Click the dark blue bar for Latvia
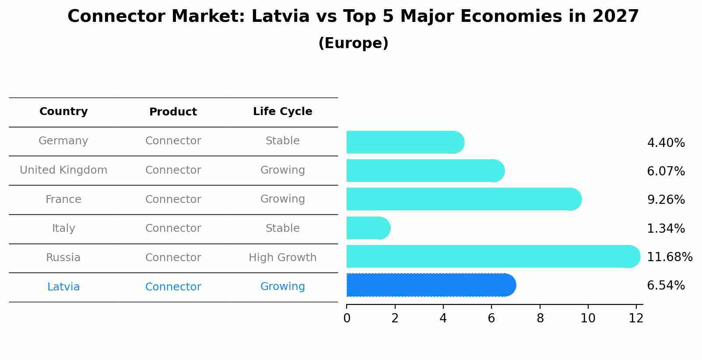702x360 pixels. click(x=431, y=285)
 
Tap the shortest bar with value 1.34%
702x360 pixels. click(x=368, y=228)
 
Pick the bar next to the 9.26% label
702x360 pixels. click(x=464, y=199)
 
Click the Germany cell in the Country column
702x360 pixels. click(x=63, y=141)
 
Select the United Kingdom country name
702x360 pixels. click(x=63, y=170)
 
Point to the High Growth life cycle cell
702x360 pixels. click(x=282, y=258)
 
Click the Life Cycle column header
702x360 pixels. click(x=282, y=112)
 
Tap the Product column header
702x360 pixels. click(x=173, y=112)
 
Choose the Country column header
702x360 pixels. click(x=63, y=112)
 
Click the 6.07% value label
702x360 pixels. click(x=666, y=171)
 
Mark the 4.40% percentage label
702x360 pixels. click(x=666, y=143)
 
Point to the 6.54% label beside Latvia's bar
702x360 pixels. click(x=666, y=286)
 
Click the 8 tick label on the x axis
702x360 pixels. click(x=540, y=318)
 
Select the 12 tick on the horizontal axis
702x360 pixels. click(x=636, y=318)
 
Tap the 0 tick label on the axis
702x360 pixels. click(x=347, y=318)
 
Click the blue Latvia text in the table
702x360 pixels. click(x=63, y=287)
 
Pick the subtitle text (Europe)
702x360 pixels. click(x=353, y=43)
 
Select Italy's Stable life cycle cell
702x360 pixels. click(x=282, y=228)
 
